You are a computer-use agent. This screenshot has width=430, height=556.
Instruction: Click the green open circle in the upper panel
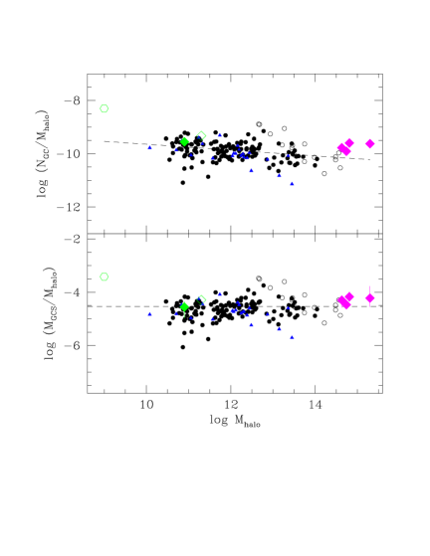[x=104, y=108]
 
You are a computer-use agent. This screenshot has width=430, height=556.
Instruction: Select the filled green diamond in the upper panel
[x=184, y=141]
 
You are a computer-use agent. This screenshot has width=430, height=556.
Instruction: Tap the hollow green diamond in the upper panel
[x=201, y=135]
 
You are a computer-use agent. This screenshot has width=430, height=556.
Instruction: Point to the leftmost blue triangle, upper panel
[x=150, y=147]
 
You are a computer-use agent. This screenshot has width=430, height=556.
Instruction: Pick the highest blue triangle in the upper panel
[x=220, y=134]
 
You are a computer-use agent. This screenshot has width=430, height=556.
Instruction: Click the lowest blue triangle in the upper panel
[x=292, y=183]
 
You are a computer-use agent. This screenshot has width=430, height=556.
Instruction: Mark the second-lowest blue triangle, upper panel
[x=280, y=176]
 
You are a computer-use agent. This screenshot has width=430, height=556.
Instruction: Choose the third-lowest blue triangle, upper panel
[x=251, y=170]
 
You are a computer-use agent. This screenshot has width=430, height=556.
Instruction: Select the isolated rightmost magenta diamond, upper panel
[x=369, y=143]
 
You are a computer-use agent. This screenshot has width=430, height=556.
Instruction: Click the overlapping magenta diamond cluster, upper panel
[x=345, y=147]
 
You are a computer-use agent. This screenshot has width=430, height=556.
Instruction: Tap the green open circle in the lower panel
[x=104, y=277]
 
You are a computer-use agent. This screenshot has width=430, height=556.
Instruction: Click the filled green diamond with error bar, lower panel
[x=184, y=306]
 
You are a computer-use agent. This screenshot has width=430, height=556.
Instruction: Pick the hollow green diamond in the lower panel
[x=201, y=298]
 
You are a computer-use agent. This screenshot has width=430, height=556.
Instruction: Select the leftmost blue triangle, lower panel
[x=150, y=313]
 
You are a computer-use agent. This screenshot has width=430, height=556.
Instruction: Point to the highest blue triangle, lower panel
[x=220, y=293]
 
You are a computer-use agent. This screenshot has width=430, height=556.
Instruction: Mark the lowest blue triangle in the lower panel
[x=292, y=337]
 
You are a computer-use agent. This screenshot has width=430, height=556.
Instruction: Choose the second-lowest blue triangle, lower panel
[x=280, y=329]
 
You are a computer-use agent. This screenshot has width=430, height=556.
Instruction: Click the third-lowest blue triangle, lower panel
[x=251, y=324]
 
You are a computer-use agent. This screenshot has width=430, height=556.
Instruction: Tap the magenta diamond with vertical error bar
[x=369, y=297]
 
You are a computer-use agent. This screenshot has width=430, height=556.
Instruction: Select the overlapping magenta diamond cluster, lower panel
[x=345, y=300]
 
